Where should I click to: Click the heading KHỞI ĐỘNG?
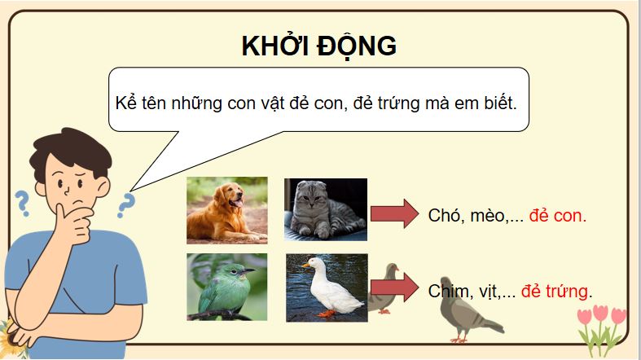[318, 46]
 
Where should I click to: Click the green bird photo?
[226, 286]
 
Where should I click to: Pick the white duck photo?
[326, 286]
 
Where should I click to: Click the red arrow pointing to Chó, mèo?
[393, 214]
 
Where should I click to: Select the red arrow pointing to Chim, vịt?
[393, 289]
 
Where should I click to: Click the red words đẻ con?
[557, 216]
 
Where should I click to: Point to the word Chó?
[443, 216]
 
